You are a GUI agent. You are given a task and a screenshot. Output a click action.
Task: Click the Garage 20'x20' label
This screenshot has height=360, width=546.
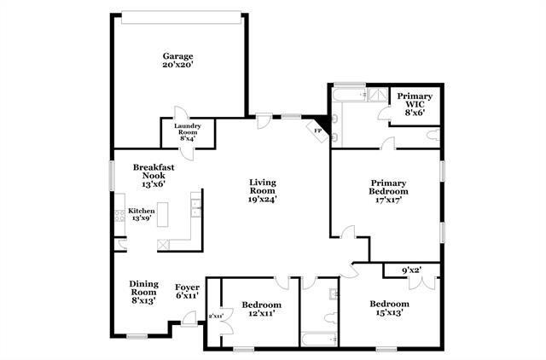click(x=179, y=61)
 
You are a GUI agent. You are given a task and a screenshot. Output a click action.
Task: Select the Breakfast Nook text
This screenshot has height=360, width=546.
click(x=154, y=173)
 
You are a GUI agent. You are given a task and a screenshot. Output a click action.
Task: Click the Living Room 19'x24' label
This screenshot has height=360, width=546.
click(x=263, y=190)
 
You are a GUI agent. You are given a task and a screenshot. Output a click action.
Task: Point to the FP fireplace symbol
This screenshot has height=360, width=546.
click(x=317, y=131)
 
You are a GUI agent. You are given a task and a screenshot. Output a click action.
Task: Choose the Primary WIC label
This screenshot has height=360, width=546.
click(x=415, y=104)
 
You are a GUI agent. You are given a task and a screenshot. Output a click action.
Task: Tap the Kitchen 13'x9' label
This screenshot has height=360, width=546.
click(x=141, y=214)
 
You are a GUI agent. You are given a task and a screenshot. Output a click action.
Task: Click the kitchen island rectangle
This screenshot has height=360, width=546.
click(x=178, y=218)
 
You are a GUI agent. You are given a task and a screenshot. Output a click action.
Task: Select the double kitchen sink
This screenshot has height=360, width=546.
click(x=196, y=206)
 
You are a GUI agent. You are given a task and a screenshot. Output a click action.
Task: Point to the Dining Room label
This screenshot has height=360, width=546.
click(x=142, y=292)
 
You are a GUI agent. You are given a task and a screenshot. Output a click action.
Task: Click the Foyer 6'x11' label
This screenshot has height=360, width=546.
click(x=187, y=291)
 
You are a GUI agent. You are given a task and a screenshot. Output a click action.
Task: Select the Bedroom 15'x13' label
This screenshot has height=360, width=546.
click(x=388, y=308)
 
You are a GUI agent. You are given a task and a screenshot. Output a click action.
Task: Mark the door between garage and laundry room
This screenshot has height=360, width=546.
click(x=181, y=117)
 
